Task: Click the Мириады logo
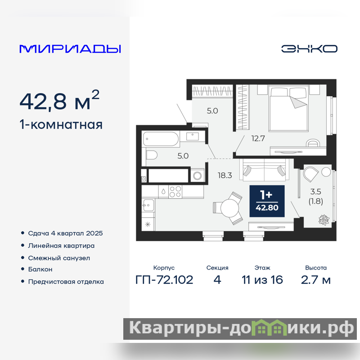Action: click(70, 49)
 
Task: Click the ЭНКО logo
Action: click(309, 49)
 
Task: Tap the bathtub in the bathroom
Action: click(161, 139)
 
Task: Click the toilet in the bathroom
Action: click(151, 155)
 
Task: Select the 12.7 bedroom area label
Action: click(258, 139)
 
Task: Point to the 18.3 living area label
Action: click(225, 175)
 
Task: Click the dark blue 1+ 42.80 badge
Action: click(267, 201)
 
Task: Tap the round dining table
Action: click(229, 208)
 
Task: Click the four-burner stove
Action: click(175, 192)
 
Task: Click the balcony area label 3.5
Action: click(316, 192)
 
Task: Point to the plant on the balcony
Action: click(324, 220)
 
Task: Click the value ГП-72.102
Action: click(164, 280)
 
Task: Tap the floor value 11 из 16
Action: click(262, 280)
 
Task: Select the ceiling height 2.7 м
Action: click(316, 280)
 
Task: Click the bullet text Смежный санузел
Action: click(59, 258)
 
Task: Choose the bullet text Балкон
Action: click(40, 269)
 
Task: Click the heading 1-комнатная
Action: click(61, 125)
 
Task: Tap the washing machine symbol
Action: click(197, 175)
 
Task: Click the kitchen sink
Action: click(148, 205)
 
